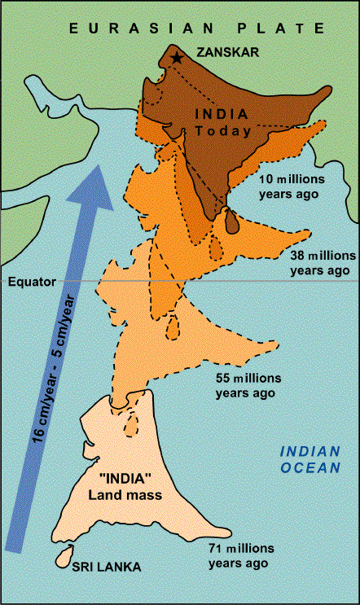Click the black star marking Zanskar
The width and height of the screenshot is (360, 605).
pos(176,58)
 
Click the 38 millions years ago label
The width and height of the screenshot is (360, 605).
pos(322,261)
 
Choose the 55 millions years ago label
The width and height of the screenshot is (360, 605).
pos(248,385)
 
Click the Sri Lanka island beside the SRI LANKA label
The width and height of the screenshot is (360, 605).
pos(59,559)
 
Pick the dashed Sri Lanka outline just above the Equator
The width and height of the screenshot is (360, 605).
pos(214,247)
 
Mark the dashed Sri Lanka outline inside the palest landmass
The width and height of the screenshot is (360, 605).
pos(129,425)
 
